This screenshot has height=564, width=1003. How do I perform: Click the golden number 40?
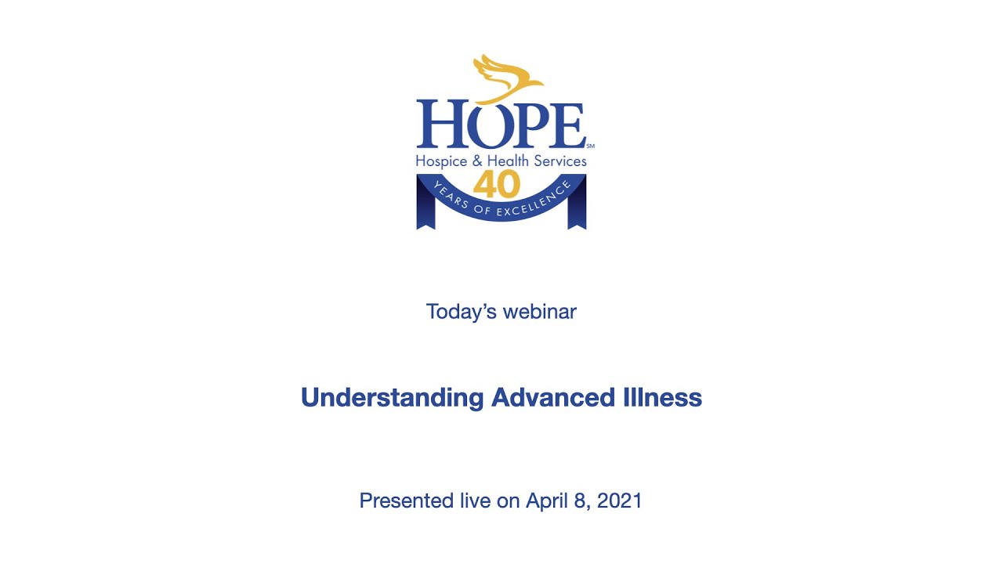coord(496,186)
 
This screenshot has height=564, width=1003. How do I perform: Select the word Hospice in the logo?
coord(441,161)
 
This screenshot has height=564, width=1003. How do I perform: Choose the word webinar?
coord(540,312)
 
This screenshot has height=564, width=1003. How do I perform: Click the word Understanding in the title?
coord(392,398)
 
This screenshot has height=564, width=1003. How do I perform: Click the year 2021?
coord(620,501)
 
